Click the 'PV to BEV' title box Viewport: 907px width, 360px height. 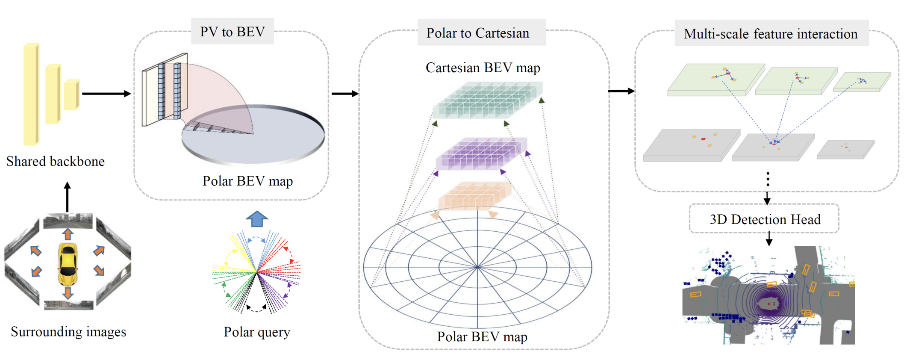tap(233, 32)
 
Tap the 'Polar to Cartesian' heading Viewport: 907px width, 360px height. tap(478, 33)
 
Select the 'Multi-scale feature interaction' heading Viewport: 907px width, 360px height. tap(771, 34)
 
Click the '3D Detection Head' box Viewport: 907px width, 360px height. tap(765, 219)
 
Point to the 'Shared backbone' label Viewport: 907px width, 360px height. tap(56, 161)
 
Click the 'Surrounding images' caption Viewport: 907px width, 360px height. tap(68, 332)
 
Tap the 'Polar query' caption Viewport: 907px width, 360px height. tap(257, 332)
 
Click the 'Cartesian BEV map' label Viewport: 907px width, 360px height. tap(483, 68)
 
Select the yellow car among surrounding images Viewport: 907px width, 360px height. tap(68, 264)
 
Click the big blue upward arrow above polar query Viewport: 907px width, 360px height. tap(257, 218)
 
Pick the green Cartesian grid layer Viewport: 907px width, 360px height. tap(487, 100)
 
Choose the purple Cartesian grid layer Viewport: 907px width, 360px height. tap(481, 154)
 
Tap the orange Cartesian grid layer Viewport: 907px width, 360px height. tap(474, 195)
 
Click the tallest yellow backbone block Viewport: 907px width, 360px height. tap(31, 94)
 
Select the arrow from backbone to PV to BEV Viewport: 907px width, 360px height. tap(106, 94)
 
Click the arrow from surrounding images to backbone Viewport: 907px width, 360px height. tap(67, 197)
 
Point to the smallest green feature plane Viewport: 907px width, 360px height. tap(862, 82)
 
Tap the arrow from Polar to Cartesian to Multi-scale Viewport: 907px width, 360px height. tap(621, 91)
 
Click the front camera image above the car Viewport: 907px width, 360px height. tap(68, 221)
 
